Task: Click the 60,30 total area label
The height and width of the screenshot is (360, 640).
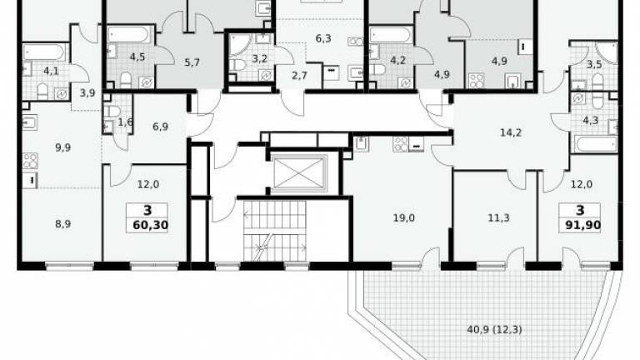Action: coord(151,225)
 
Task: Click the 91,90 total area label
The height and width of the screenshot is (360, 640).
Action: coord(582,225)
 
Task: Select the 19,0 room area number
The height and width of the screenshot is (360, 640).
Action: coord(403,218)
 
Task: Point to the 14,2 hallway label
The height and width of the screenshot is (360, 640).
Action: coord(511,132)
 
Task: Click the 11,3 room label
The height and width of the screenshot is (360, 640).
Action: coord(498,218)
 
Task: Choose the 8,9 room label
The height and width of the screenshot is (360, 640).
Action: coord(62,223)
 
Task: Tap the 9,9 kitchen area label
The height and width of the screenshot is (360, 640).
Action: coord(62,147)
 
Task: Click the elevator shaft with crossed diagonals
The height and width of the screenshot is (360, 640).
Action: coord(299,173)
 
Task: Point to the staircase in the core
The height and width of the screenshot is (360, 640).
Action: coord(274,231)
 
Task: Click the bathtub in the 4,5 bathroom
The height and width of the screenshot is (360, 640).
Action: coord(129,35)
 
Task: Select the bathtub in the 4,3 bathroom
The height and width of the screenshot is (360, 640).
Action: coord(596,144)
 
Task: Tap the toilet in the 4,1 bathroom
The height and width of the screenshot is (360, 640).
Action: coord(42,92)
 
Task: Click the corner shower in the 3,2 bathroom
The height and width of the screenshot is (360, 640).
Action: coord(240,45)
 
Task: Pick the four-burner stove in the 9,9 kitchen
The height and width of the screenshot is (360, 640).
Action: coord(30,161)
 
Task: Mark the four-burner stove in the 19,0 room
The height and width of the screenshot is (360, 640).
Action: coord(401,144)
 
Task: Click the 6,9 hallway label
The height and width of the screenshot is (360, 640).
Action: coord(160,127)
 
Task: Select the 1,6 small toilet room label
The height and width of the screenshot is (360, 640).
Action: coord(125,122)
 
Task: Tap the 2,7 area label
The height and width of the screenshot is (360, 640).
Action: coord(299,75)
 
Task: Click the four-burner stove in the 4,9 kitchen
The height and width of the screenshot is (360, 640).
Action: coord(477,80)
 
